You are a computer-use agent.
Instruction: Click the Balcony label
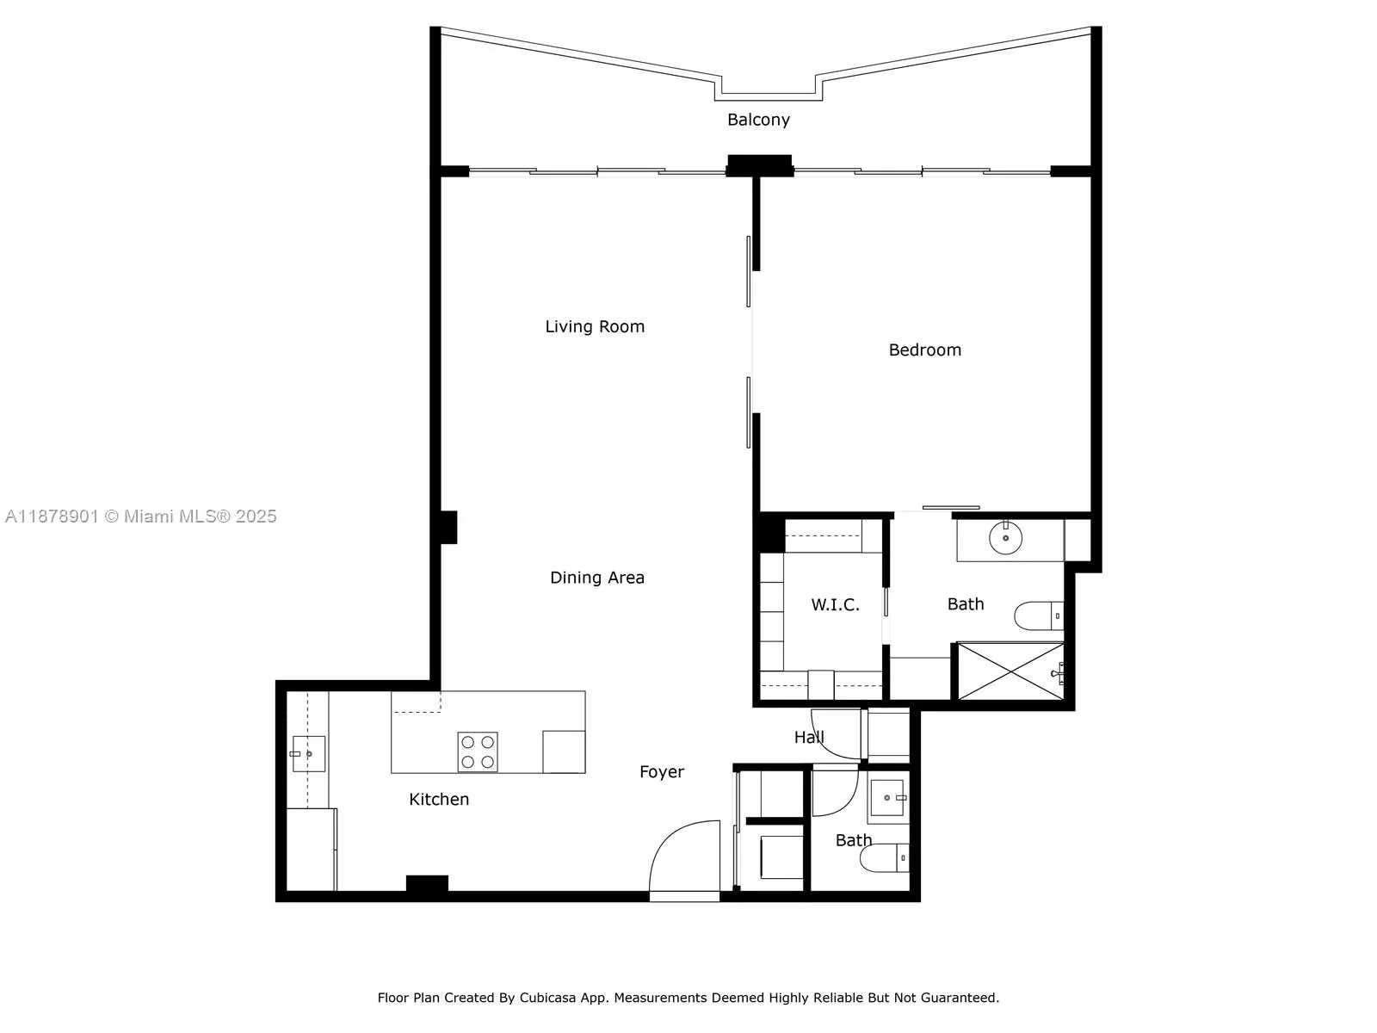[758, 120]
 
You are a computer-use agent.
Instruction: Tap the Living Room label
[594, 326]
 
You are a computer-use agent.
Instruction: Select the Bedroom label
[924, 350]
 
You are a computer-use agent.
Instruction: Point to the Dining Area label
[596, 578]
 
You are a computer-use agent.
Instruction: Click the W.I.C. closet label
[834, 604]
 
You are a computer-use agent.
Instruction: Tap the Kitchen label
[439, 799]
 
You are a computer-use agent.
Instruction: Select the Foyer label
[661, 772]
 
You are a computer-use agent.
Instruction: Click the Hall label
[809, 737]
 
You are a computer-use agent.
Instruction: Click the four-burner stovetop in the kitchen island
[478, 752]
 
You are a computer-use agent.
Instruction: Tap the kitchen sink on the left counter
[309, 753]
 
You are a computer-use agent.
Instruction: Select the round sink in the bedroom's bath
[1005, 537]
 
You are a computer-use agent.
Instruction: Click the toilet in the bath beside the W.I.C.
[1039, 615]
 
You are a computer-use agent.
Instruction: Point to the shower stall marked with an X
[1010, 671]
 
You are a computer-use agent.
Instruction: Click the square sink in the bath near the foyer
[887, 798]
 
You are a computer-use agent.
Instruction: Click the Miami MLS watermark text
[140, 516]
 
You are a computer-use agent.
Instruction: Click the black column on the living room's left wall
[448, 528]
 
